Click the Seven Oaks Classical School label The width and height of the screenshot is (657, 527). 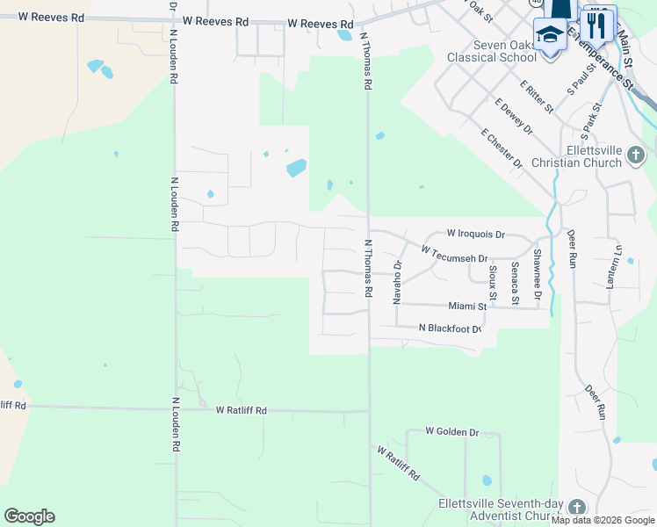click(491, 52)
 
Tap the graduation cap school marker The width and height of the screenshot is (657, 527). click(550, 36)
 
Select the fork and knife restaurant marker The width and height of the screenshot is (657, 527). click(598, 25)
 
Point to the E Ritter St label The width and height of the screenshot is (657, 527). click(536, 97)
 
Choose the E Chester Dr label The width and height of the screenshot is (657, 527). click(502, 148)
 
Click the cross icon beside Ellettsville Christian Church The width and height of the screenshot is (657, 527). click(636, 157)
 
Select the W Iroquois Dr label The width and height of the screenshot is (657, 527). click(476, 235)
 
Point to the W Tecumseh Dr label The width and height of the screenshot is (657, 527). click(454, 254)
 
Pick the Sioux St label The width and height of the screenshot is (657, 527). click(494, 281)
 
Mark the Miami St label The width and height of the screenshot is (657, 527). click(467, 307)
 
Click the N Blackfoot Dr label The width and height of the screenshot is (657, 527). click(451, 328)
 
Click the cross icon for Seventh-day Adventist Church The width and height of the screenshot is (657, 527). click(576, 509)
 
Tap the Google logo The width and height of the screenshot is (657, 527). click(29, 516)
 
